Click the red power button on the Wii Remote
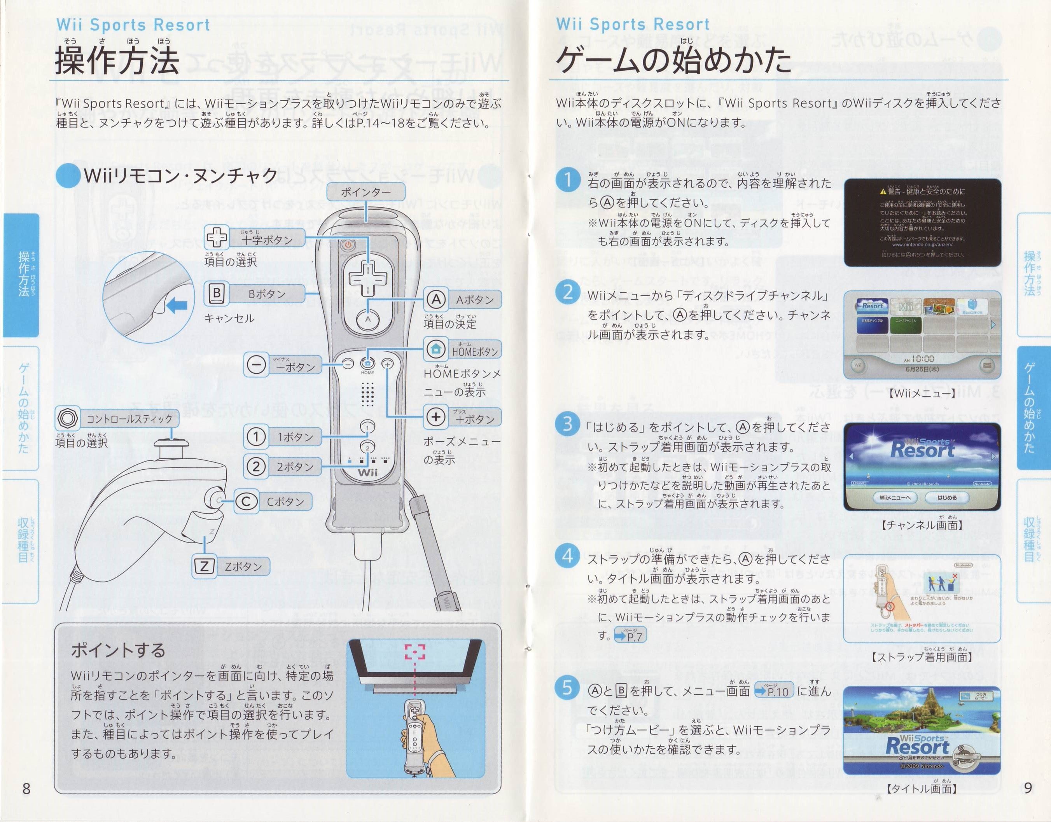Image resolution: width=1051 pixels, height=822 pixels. coord(348,245)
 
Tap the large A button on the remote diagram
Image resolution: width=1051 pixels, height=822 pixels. coord(368,318)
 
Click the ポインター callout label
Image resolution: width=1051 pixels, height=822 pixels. coord(366,192)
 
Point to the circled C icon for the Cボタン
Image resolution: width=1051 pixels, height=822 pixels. coord(246,502)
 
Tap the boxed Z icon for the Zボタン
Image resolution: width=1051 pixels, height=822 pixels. coord(204,566)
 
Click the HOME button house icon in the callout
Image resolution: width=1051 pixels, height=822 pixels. coord(436,349)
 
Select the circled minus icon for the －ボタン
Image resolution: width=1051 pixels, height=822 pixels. coord(256,364)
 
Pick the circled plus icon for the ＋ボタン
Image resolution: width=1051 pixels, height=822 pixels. coord(436,417)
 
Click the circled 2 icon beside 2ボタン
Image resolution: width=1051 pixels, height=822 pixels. coord(256,466)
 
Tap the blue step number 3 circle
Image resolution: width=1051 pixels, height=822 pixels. coord(567,424)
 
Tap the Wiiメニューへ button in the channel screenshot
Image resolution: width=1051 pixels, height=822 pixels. coord(895,498)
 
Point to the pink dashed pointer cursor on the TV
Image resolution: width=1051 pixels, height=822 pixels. coord(415,652)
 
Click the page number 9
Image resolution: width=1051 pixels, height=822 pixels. coord(1028,787)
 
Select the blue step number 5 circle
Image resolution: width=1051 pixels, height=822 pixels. coord(567,687)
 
